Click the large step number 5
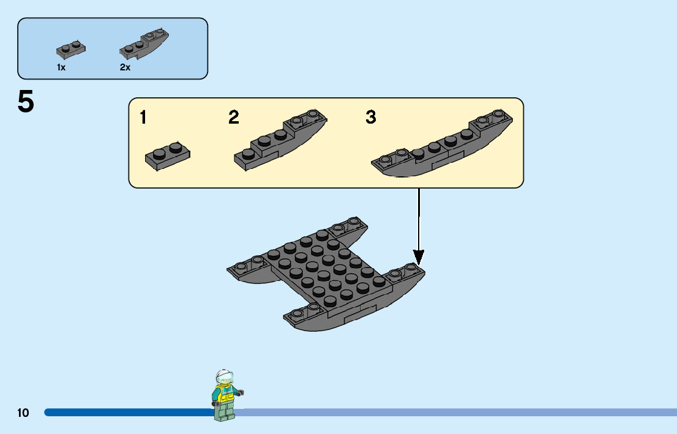click(26, 102)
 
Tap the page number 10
click(23, 413)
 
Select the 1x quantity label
click(61, 68)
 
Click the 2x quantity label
click(125, 68)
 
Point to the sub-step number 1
click(143, 117)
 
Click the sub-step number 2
click(234, 117)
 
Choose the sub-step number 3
click(371, 117)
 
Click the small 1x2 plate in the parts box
click(70, 49)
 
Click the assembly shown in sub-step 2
click(279, 141)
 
